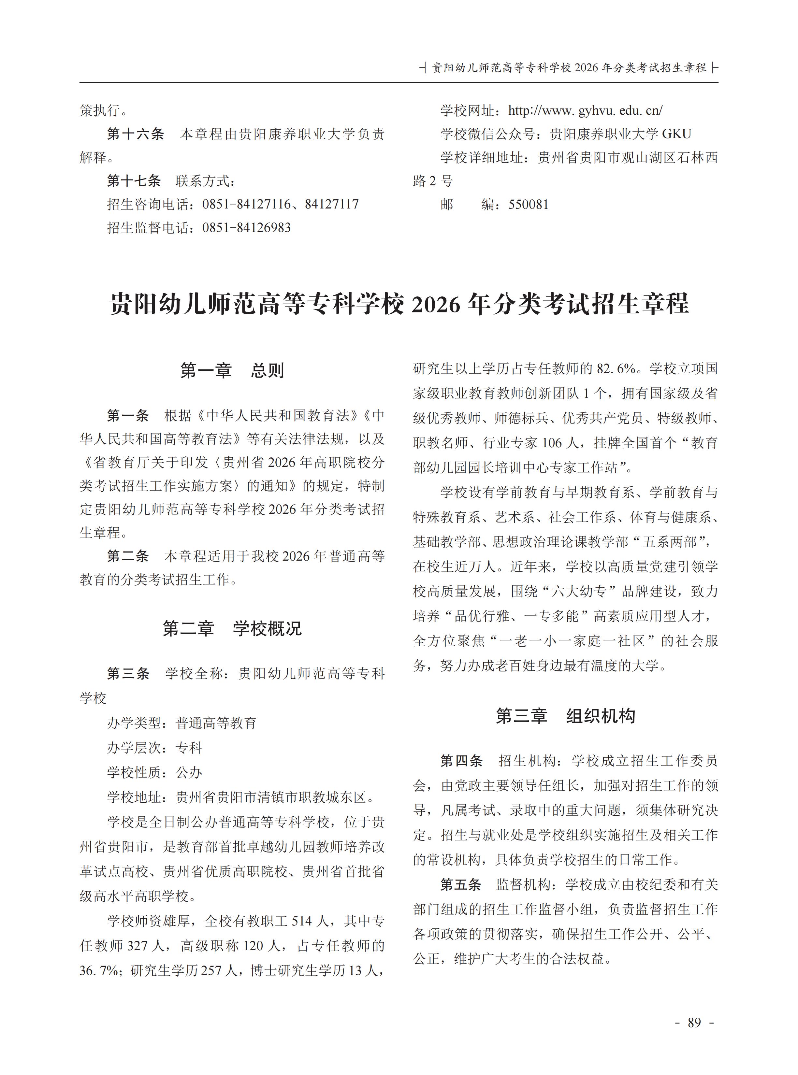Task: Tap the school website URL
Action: coord(585,110)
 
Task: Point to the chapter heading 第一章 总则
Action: coord(232,371)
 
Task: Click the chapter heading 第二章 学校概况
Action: coord(232,628)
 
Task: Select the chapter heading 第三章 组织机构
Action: coord(565,716)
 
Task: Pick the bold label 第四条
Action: coord(461,761)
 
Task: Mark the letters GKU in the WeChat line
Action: coord(676,134)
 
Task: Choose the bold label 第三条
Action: coord(128,673)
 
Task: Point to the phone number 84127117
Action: coord(331,204)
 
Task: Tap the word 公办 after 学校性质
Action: coord(189,772)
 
